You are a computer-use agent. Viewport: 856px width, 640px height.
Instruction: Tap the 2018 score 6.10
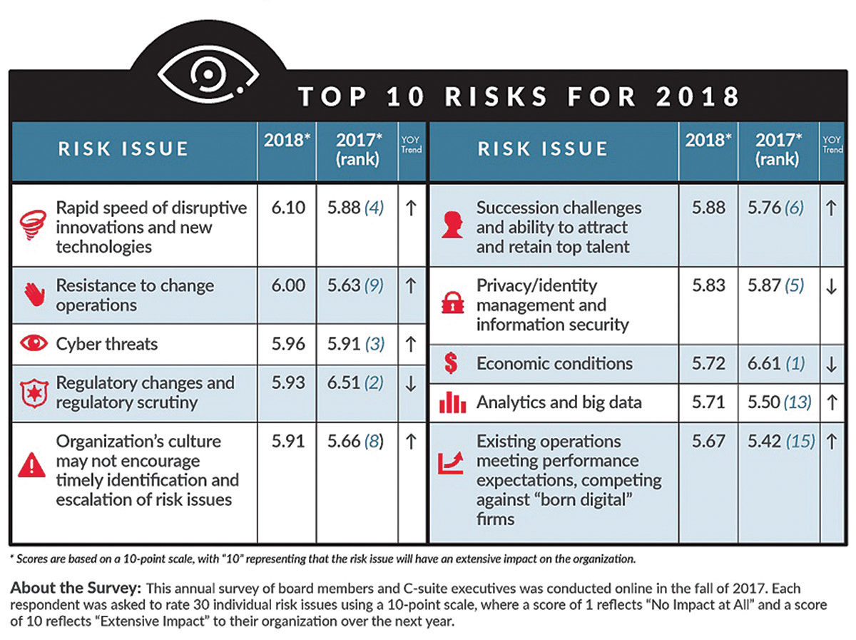pos(288,208)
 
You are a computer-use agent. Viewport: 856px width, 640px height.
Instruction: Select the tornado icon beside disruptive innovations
pos(33,226)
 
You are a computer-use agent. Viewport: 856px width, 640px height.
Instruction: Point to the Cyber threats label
pos(107,344)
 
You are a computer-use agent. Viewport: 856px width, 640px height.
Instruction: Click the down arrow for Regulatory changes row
pos(410,383)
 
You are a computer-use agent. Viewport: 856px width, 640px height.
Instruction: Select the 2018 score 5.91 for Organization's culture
pos(288,442)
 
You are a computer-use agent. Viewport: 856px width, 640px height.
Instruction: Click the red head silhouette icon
pos(452,226)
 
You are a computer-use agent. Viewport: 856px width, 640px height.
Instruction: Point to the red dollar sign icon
pos(451,364)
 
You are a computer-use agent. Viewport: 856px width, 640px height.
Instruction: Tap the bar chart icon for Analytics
pos(452,403)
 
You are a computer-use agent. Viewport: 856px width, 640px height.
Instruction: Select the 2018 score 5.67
pos(708,442)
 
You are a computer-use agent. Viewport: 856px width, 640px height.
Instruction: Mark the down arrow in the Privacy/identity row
pos(831,285)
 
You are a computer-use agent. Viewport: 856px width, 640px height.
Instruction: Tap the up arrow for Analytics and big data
pos(831,402)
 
